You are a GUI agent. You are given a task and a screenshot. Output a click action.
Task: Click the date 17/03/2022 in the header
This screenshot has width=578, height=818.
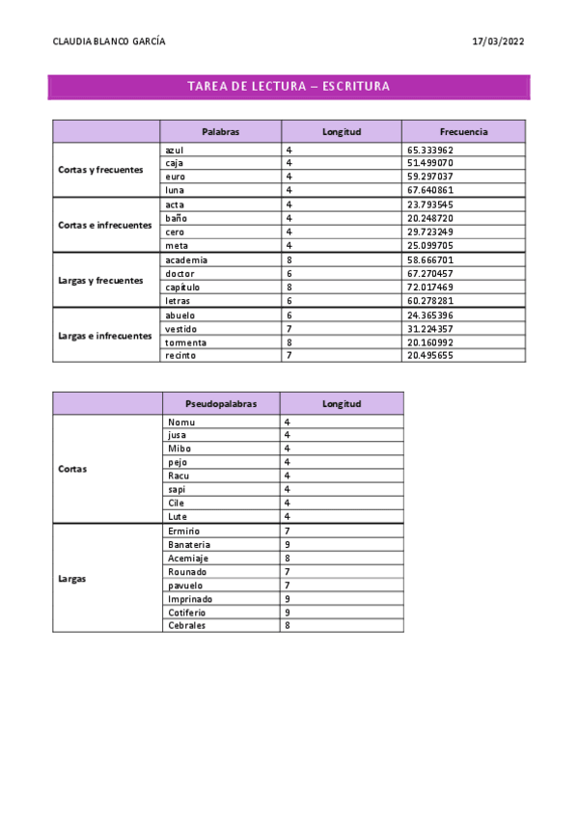click(x=498, y=41)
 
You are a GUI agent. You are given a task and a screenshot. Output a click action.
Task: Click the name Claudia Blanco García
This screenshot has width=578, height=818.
click(x=108, y=41)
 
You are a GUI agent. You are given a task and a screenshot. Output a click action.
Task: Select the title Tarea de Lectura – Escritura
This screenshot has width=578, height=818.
click(x=289, y=87)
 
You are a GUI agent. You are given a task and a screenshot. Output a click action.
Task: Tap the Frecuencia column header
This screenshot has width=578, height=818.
click(x=463, y=131)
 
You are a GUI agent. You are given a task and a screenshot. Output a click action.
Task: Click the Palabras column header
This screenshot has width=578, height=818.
click(x=220, y=131)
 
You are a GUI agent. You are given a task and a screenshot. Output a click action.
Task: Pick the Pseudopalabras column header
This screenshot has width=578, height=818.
click(x=221, y=403)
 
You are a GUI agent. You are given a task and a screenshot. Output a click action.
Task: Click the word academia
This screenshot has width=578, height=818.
click(x=186, y=259)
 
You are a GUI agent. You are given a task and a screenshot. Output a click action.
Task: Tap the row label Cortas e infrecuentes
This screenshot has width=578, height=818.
click(x=105, y=225)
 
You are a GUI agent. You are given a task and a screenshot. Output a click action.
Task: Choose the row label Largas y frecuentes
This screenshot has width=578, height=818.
click(x=100, y=281)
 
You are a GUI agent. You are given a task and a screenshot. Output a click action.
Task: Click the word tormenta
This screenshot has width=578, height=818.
click(x=186, y=341)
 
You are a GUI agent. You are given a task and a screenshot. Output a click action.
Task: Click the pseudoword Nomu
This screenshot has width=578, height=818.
click(x=180, y=423)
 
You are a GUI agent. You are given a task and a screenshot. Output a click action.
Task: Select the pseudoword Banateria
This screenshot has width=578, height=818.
click(x=189, y=544)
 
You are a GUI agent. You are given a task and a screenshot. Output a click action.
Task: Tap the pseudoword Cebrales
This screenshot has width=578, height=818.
click(x=186, y=625)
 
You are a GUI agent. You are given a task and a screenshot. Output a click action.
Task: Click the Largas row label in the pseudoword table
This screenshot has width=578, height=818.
click(x=71, y=579)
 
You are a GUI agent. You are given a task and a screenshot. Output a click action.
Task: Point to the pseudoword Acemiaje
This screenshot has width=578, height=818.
click(x=187, y=558)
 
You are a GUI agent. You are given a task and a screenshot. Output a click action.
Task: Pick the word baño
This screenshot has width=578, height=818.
click(x=176, y=218)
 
